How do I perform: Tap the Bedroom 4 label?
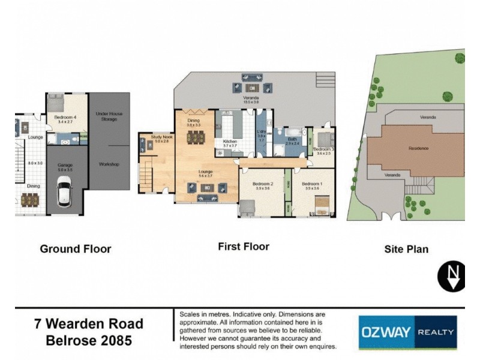tap(63, 118)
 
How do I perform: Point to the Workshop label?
tap(109, 164)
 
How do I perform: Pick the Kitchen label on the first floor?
tap(230, 142)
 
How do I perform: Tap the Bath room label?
tap(292, 140)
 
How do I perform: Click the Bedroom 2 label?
tap(263, 184)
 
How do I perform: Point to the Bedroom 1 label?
tap(312, 184)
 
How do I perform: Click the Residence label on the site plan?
tap(418, 148)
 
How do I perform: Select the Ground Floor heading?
tap(75, 248)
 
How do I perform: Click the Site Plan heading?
tap(406, 248)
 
